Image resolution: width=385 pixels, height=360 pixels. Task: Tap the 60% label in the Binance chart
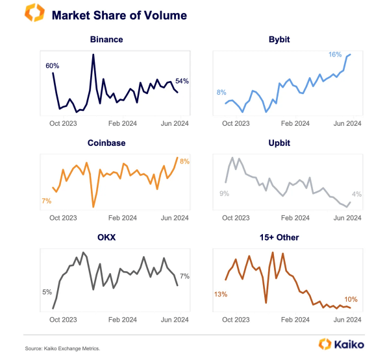coord(52,66)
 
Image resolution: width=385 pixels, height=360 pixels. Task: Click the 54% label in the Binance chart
coord(182,81)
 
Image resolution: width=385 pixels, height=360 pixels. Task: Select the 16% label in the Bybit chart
coord(335,55)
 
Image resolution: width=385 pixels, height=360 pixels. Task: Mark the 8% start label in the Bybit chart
coord(221,92)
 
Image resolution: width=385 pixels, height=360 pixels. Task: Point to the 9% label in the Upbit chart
coord(224,193)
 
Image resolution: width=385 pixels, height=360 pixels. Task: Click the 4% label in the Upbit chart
coord(356,194)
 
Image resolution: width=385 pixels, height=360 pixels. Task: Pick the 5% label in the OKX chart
coord(47,292)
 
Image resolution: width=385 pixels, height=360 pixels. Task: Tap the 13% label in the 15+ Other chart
coord(220,294)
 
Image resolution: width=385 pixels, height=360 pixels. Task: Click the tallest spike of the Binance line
coord(93,55)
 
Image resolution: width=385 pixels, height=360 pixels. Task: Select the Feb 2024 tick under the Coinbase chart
coord(122,218)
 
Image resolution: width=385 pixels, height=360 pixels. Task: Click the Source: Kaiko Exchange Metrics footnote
coord(63,348)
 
